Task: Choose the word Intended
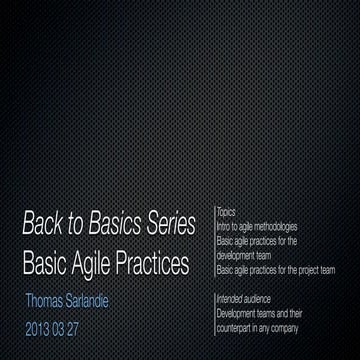230,297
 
